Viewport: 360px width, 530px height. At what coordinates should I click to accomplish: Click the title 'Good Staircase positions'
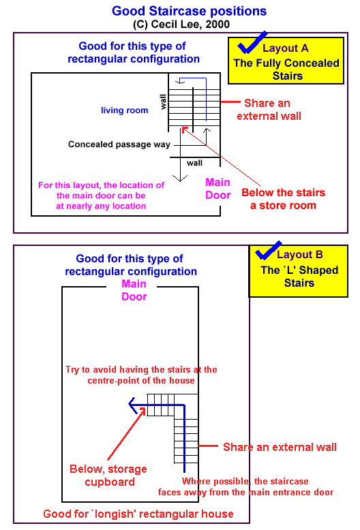pyautogui.click(x=189, y=11)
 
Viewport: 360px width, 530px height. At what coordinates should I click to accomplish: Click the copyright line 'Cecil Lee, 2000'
pyautogui.click(x=190, y=25)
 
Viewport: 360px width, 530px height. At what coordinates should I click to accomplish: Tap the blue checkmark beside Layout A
pyautogui.click(x=252, y=43)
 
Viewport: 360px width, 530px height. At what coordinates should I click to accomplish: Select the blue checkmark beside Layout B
pyautogui.click(x=269, y=251)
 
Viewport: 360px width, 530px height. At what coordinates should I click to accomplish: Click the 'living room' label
pyautogui.click(x=125, y=110)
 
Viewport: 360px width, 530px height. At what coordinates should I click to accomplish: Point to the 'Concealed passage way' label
pyautogui.click(x=119, y=144)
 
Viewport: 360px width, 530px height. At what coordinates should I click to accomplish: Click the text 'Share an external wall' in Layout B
pyautogui.click(x=280, y=447)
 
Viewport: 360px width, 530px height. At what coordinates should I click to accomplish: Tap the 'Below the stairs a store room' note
pyautogui.click(x=283, y=199)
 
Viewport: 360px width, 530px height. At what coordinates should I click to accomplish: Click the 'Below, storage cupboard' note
pyautogui.click(x=108, y=476)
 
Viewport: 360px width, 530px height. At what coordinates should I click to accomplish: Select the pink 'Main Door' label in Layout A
pyautogui.click(x=218, y=189)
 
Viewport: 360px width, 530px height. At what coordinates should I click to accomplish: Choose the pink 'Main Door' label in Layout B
pyautogui.click(x=134, y=290)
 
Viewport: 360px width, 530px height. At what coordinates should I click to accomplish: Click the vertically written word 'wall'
pyautogui.click(x=164, y=102)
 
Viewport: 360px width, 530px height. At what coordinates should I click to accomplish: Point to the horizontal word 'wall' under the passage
pyautogui.click(x=194, y=163)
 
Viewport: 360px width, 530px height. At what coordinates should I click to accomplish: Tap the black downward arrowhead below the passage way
pyautogui.click(x=180, y=178)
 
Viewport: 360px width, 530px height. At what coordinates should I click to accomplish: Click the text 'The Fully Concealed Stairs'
pyautogui.click(x=286, y=69)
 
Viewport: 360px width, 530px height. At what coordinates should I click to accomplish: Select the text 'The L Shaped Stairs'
pyautogui.click(x=299, y=276)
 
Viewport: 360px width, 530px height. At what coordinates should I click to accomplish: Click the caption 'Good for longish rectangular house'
pyautogui.click(x=138, y=514)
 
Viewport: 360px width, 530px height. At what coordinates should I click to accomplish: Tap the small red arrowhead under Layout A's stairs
pyautogui.click(x=184, y=129)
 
